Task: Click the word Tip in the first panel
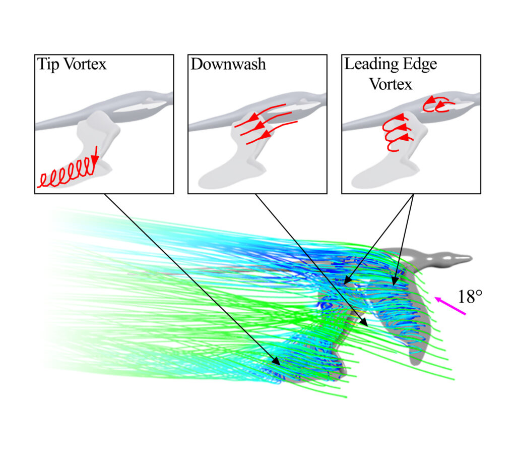click(48, 65)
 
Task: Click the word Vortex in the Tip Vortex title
click(85, 64)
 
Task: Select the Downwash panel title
click(228, 64)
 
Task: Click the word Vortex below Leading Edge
click(391, 84)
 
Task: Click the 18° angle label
click(470, 297)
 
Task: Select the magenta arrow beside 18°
click(450, 306)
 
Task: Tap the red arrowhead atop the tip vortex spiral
click(95, 160)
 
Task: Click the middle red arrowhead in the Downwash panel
click(261, 126)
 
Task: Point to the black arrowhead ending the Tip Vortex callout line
click(276, 361)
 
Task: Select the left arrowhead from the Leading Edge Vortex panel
click(348, 280)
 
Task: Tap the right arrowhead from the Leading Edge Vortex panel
click(395, 280)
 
